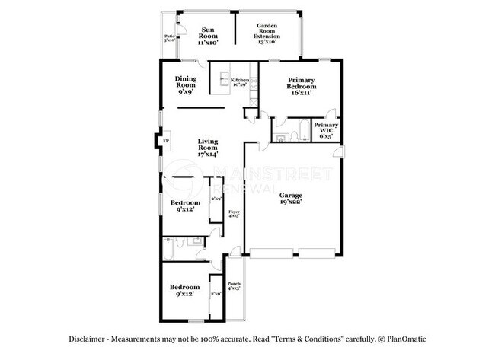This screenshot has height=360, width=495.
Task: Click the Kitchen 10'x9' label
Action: point(240,81)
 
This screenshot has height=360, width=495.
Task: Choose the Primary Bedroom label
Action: point(302,82)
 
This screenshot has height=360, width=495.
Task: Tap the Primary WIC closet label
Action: point(325,127)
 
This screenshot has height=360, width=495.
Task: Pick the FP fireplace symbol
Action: point(164,139)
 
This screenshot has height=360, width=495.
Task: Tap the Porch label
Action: point(234,285)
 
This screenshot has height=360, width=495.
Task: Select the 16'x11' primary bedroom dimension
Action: point(302,92)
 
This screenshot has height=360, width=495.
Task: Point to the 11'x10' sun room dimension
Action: point(207,43)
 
